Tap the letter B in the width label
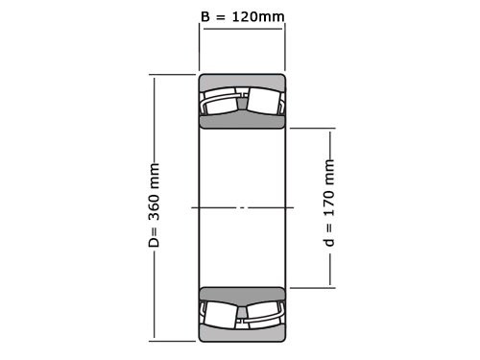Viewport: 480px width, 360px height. tap(204, 16)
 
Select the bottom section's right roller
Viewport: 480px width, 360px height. tap(263, 314)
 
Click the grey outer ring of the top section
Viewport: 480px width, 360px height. tap(242, 81)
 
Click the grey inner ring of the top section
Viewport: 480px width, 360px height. tap(242, 121)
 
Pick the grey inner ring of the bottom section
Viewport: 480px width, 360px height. tap(242, 294)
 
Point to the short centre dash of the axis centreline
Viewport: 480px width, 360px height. tap(242, 207)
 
